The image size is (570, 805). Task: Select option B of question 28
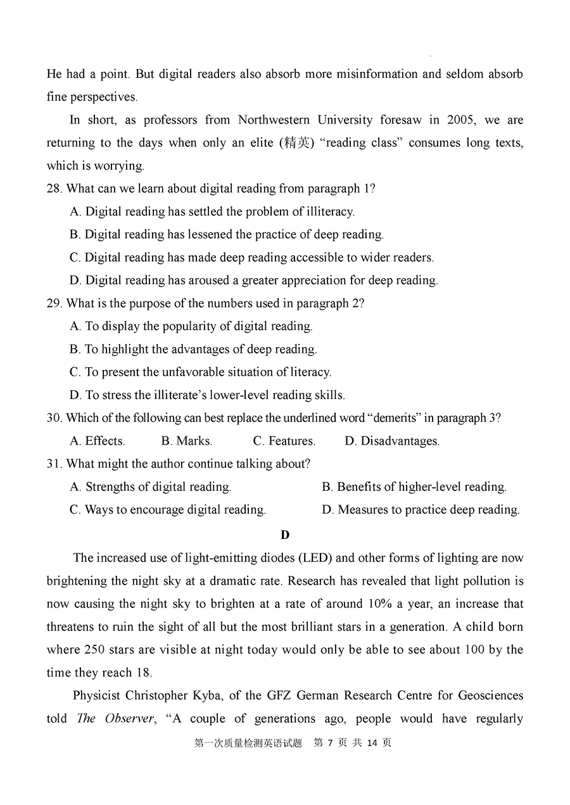coord(226,234)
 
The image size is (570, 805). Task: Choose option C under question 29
coord(200,372)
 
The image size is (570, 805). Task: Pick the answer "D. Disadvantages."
coord(391,441)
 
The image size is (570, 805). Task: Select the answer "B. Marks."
coord(186,441)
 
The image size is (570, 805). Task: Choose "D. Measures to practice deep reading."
coord(421,510)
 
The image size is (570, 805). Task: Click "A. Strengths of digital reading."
coord(150,487)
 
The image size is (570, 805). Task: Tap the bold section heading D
coord(285,535)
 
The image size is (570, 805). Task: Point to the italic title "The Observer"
coord(115,719)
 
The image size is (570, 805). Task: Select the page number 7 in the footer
coord(330,743)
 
